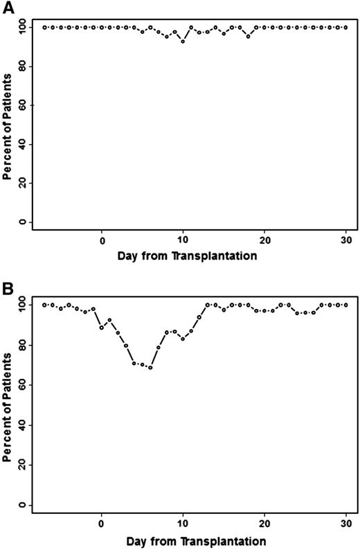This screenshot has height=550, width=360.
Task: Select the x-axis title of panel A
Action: tap(190, 256)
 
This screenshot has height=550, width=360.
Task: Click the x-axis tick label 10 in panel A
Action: tap(183, 240)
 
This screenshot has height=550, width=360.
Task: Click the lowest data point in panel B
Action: tap(150, 367)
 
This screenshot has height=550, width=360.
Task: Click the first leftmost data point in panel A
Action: tap(45, 28)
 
